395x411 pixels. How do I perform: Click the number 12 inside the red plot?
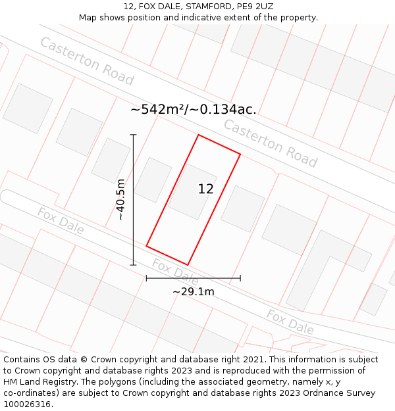tap(205, 189)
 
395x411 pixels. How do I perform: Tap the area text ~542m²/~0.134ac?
tap(193, 110)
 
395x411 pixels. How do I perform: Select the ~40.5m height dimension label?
tap(120, 199)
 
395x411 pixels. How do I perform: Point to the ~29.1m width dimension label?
tap(193, 291)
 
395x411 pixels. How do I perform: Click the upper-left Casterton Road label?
tap(86, 61)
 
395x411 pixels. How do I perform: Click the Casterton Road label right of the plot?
tap(270, 143)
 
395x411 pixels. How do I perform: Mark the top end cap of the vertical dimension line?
tap(133, 135)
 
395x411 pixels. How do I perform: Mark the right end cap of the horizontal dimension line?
tap(240, 278)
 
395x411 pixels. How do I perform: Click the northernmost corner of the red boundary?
tap(198, 135)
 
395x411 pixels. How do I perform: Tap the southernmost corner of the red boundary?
tap(188, 265)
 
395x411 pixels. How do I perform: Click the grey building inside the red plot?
tap(192, 191)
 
